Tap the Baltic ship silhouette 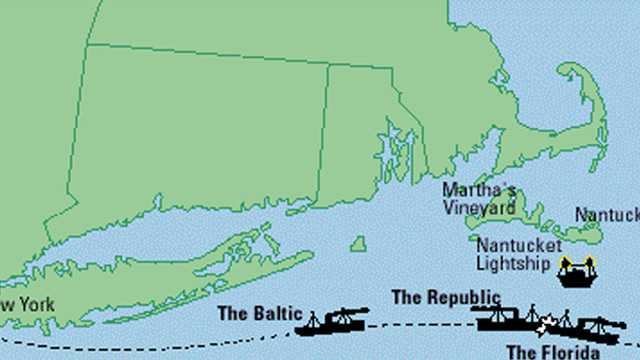(332, 322)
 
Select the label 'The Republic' (445, 296)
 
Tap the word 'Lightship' (513, 264)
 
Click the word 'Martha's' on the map (479, 191)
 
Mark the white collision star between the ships (544, 327)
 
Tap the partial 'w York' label (22, 304)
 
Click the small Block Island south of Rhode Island (357, 243)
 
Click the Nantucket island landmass (586, 231)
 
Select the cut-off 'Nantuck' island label (606, 214)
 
